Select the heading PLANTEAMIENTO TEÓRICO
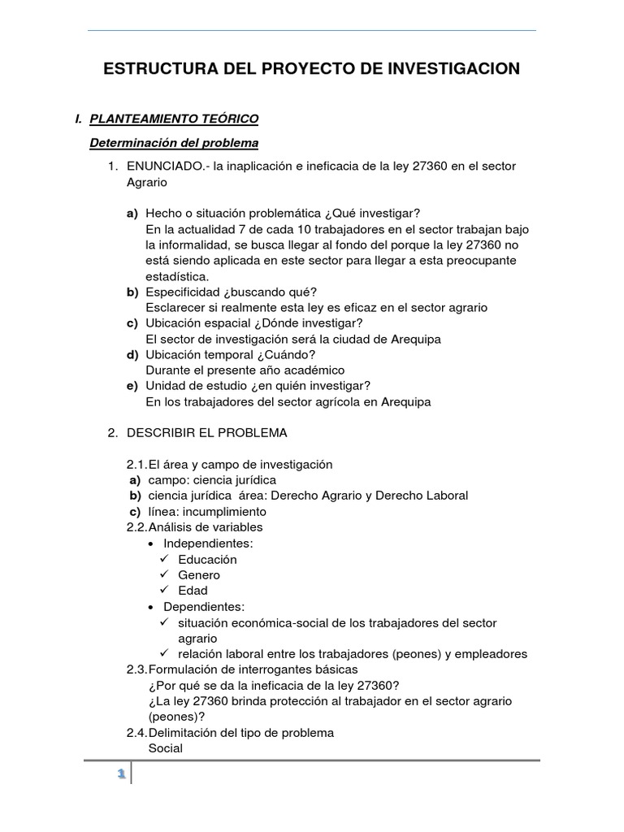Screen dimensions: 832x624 (x=174, y=119)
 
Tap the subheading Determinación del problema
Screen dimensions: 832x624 (x=174, y=143)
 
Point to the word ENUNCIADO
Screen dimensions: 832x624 (x=161, y=166)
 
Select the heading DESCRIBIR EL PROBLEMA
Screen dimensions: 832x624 (x=206, y=433)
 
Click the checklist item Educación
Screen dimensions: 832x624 (x=207, y=559)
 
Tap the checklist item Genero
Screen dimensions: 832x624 (x=198, y=575)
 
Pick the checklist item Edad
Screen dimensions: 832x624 (x=193, y=591)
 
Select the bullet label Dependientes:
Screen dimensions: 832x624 (x=204, y=607)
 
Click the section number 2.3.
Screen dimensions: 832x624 (x=136, y=669)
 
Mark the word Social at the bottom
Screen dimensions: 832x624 (x=165, y=748)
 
